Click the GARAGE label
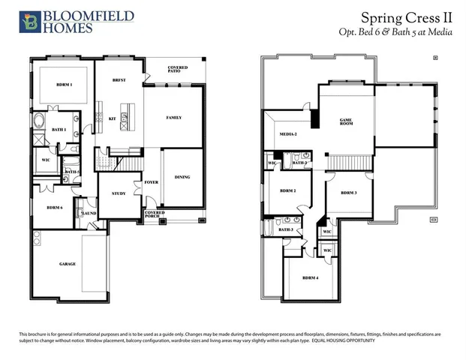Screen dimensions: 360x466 click(68, 264)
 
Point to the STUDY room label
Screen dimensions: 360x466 click(118, 193)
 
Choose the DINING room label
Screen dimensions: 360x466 click(182, 177)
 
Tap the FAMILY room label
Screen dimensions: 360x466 click(173, 118)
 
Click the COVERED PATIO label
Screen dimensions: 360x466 click(178, 70)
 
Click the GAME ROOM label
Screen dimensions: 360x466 click(346, 121)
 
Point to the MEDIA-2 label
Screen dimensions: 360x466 click(289, 134)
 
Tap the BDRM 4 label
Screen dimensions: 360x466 click(311, 277)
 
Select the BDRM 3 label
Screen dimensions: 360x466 click(348, 193)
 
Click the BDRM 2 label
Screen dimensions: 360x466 click(288, 190)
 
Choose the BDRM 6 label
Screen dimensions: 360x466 click(54, 207)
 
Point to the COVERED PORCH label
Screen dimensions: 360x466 click(154, 214)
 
